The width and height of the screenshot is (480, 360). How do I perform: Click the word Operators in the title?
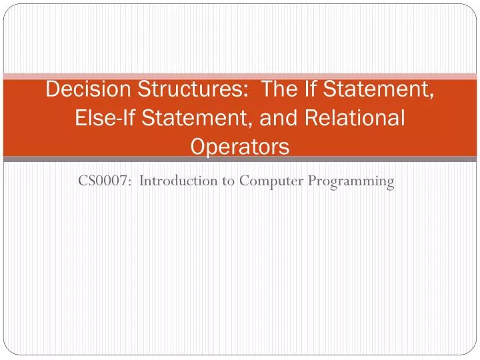click(x=240, y=146)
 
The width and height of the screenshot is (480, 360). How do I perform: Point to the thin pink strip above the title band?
click(x=240, y=76)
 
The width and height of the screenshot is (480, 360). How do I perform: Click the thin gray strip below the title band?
click(x=240, y=159)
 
